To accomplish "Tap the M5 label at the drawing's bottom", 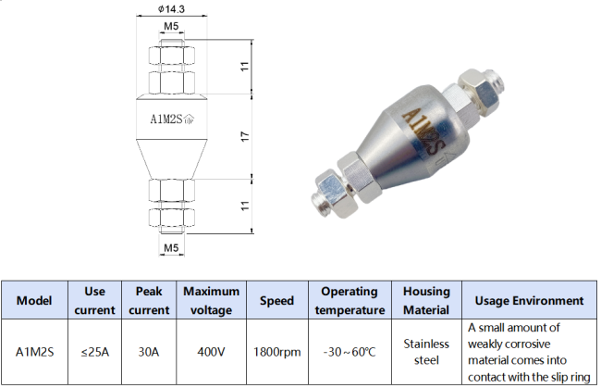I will pos(171,248).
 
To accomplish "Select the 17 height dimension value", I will pos(244,135).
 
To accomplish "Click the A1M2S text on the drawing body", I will pos(166,118).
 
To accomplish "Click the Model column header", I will pos(34,300).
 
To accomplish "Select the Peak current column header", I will pos(149,300).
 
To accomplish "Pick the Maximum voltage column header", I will pos(212,300).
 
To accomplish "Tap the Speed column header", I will pos(276,300).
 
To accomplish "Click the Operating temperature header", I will pos(349,300).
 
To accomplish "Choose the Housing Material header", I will pos(426,300).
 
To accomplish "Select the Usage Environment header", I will pos(528,300).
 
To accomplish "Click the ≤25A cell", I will pos(93,352).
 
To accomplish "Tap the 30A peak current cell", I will pos(149,352).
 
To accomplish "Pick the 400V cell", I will pos(212,352).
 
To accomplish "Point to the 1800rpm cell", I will pos(276,352).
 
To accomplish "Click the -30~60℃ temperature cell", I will pos(349,352).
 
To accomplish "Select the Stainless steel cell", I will pos(426,352).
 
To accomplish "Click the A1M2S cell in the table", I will pos(34,352).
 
